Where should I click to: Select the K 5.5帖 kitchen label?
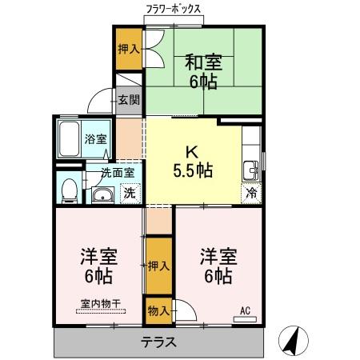coord(193,160)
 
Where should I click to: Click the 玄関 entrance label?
coord(129,100)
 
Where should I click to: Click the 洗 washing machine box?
coord(129,192)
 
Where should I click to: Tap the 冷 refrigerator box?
coord(251,193)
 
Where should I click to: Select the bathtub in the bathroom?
coord(70,142)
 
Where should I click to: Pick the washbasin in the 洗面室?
coord(102,195)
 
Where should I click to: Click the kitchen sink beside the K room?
coord(251,170)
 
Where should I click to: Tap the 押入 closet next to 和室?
coord(129,49)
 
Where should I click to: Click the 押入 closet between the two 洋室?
coord(158,265)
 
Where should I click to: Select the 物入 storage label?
coord(158,310)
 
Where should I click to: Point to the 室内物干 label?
coord(100,302)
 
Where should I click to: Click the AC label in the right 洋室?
coord(246,310)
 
